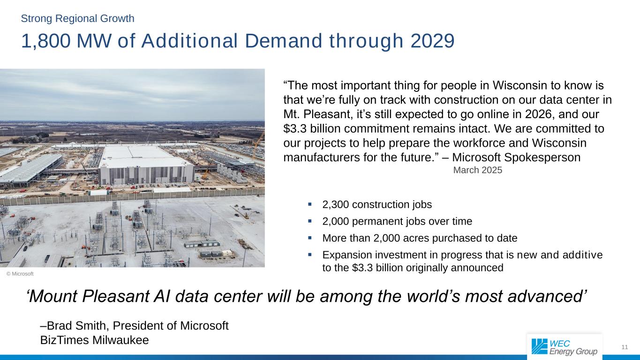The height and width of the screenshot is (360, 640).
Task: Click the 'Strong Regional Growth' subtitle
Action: tap(78, 19)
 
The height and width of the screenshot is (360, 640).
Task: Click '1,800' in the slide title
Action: tap(46, 42)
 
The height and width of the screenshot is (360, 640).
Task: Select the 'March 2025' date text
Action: tap(477, 171)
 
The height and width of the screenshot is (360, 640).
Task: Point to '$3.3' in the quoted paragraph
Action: tap(295, 128)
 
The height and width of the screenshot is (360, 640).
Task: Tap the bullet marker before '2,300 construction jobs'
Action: tap(310, 204)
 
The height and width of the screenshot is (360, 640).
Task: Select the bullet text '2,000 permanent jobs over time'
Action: tap(397, 221)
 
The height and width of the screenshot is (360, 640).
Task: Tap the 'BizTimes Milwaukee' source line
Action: tap(95, 340)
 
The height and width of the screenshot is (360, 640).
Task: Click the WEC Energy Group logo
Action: tap(564, 347)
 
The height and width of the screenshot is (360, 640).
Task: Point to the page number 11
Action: tap(624, 347)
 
